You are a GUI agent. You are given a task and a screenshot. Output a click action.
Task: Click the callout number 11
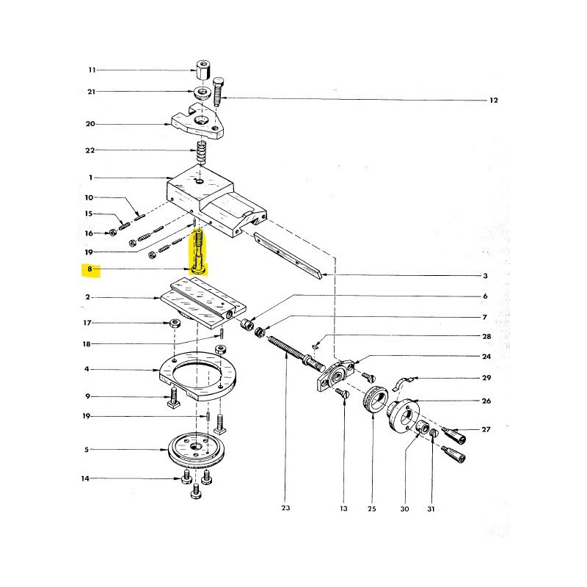coord(92,70)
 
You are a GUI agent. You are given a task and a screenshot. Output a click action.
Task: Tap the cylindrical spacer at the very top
coord(203,71)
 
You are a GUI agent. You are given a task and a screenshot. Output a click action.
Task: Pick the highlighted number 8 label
coord(90,270)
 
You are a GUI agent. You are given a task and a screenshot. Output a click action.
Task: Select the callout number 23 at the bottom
coord(285,506)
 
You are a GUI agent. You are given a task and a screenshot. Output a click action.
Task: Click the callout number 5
coord(87,450)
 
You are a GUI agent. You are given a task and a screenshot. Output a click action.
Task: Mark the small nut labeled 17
coord(175,324)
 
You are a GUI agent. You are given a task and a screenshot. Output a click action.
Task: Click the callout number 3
coord(485,276)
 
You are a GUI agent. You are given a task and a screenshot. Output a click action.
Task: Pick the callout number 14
coord(85,478)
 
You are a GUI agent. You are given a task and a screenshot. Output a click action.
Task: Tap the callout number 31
coord(431,507)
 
